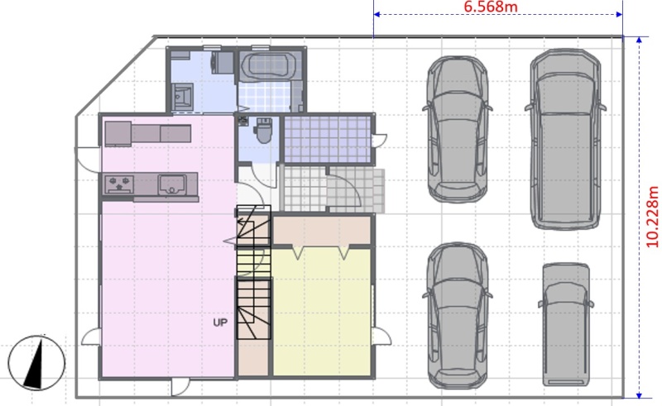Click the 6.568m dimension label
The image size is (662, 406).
click(490, 7)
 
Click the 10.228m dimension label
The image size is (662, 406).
click(652, 217)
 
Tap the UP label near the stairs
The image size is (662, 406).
click(220, 322)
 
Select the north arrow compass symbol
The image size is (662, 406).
click(36, 362)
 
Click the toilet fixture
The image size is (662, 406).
click(264, 130)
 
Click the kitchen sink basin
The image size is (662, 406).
click(172, 184)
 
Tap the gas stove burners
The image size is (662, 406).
click(119, 184)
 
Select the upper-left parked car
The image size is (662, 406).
click(458, 129)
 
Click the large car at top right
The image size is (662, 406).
click(565, 139)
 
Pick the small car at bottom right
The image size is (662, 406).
click(565, 324)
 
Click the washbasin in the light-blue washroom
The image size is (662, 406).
click(183, 97)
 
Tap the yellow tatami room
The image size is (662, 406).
click(322, 312)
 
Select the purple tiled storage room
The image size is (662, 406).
click(327, 139)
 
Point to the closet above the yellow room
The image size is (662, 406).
click(322, 230)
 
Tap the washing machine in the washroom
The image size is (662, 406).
click(223, 63)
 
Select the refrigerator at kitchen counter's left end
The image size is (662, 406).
click(118, 134)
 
